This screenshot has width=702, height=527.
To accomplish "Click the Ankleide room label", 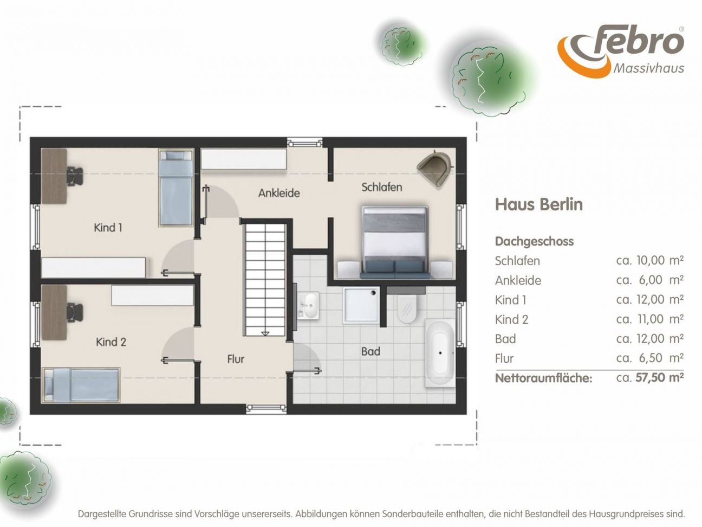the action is (x=279, y=193).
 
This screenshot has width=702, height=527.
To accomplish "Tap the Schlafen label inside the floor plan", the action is (x=381, y=187).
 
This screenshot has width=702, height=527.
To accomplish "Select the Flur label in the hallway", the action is (x=236, y=359).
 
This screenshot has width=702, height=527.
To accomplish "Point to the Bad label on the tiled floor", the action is (x=370, y=352).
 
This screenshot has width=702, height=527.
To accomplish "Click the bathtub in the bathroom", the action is (x=440, y=353).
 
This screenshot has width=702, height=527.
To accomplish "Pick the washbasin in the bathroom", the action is (x=308, y=306).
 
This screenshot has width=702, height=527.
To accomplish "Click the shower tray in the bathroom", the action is (x=361, y=305).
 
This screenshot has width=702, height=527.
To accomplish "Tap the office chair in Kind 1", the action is (x=75, y=176).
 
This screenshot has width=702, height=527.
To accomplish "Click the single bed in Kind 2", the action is (x=81, y=384).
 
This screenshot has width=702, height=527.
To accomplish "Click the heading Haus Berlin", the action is (x=539, y=204).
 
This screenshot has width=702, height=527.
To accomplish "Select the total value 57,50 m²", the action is (x=659, y=377).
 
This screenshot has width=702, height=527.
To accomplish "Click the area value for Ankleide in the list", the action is (x=650, y=280).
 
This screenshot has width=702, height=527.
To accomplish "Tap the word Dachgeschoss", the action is (x=535, y=241).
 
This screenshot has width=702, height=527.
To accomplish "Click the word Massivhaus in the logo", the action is (x=648, y=68).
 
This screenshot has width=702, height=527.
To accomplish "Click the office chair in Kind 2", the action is (x=75, y=313).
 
